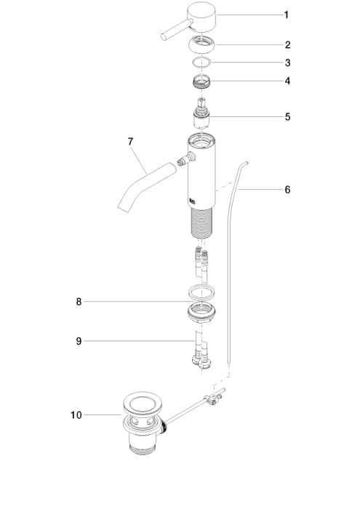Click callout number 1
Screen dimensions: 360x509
287,15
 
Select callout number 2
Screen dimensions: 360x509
287,45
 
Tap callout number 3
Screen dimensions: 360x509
287,63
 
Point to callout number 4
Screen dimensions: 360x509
287,81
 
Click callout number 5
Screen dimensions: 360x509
287,117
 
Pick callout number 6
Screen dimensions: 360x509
287,190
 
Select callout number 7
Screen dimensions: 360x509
130,142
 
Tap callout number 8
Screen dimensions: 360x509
79,302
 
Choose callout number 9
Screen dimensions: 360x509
79,341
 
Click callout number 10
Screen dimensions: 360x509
76,415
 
